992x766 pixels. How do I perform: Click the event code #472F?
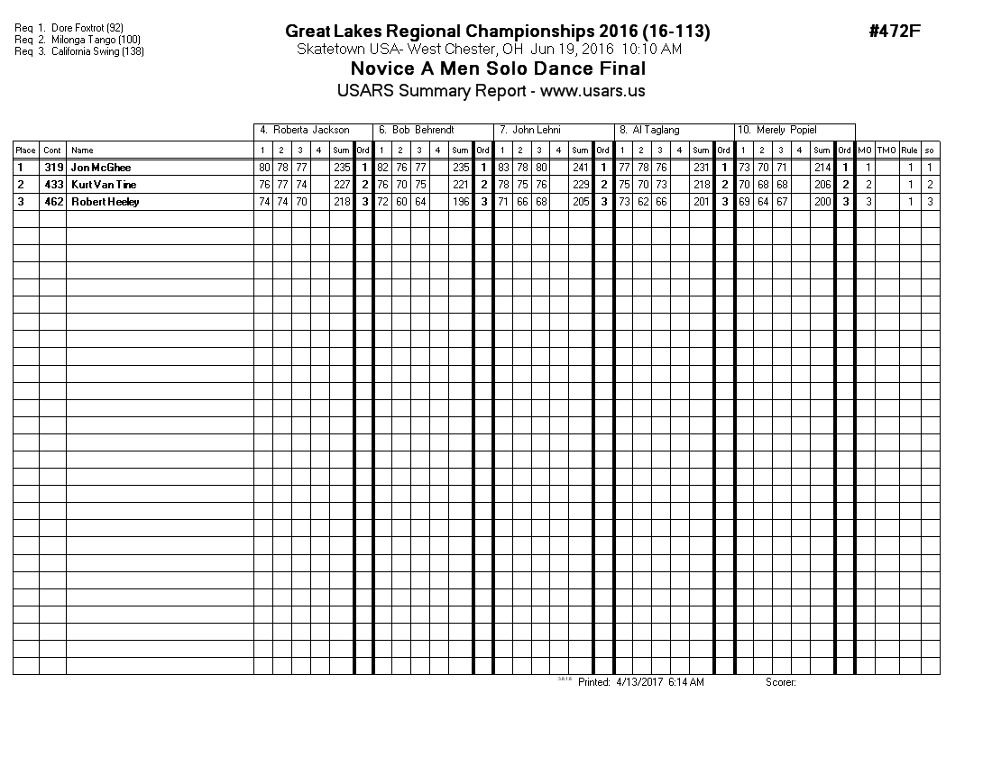tap(895, 32)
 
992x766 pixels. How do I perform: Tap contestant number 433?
tap(52, 185)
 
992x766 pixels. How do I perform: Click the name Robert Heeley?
tap(105, 202)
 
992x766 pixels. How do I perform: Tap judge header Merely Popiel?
tap(776, 131)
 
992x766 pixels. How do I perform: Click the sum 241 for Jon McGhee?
tap(581, 168)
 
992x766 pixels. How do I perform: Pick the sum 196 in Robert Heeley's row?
tap(461, 202)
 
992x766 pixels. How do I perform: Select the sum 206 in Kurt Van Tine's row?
tap(821, 185)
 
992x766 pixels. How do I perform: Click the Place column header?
tap(25, 150)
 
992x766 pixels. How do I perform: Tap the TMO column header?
tap(886, 150)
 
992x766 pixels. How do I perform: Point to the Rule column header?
tap(910, 150)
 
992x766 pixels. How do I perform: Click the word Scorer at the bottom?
tap(780, 682)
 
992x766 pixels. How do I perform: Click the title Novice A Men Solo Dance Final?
tap(498, 69)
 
